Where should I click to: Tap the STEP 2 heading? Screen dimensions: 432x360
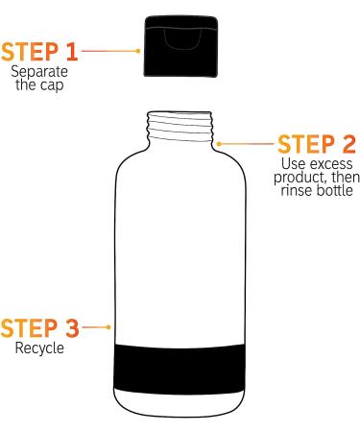coord(316,145)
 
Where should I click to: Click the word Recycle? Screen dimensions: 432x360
coord(39,348)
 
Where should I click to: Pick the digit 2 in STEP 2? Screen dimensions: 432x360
coord(347,145)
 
